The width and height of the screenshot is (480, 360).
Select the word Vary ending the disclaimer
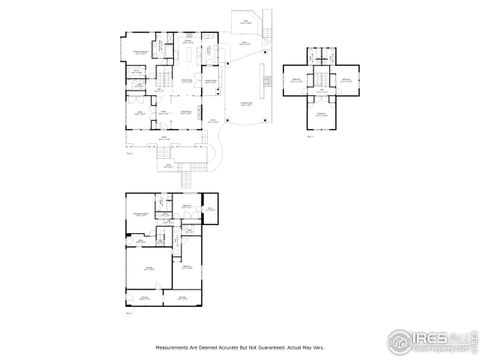318,347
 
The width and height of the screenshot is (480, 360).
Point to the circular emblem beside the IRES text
402,339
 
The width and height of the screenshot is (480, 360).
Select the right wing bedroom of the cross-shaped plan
345,81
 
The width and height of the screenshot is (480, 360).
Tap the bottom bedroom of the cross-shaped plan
321,117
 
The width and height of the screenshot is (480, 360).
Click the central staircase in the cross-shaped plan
321,81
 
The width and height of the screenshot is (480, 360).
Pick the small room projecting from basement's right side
210,209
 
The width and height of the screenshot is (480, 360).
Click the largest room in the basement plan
149,269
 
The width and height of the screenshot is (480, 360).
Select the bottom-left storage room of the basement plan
146,298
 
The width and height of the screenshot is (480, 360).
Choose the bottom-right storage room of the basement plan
183,298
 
